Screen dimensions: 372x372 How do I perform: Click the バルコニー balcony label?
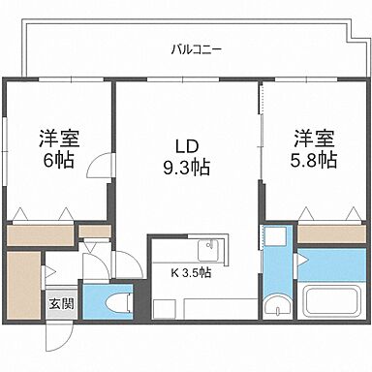click(x=194, y=46)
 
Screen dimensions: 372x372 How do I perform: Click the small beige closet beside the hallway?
click(x=92, y=232)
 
